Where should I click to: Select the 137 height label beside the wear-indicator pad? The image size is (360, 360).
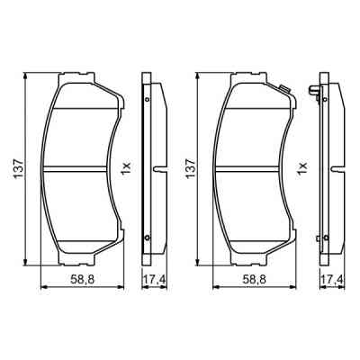[189, 167]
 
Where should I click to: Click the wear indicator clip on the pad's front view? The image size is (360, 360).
[283, 87]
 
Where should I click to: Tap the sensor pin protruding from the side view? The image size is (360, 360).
[314, 90]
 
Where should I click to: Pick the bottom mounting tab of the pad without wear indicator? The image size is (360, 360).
[81, 262]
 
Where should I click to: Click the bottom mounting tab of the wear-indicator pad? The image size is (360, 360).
[256, 262]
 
